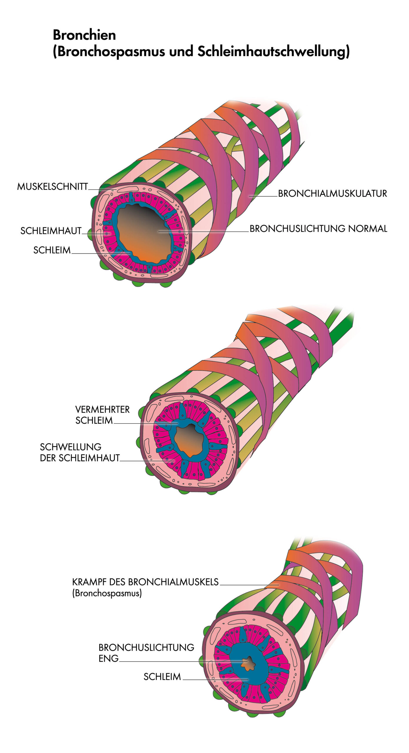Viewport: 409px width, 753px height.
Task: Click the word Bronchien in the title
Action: pyautogui.click(x=84, y=35)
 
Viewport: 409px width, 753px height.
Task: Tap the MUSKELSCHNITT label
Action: pyautogui.click(x=52, y=186)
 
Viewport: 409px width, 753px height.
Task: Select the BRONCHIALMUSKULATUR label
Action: pyautogui.click(x=332, y=194)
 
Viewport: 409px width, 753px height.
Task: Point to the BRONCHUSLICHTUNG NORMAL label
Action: pyautogui.click(x=318, y=229)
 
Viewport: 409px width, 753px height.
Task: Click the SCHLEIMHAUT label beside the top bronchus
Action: pyautogui.click(x=51, y=231)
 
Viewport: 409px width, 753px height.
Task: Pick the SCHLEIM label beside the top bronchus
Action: pyautogui.click(x=52, y=250)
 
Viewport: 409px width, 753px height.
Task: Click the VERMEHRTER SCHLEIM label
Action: pyautogui.click(x=102, y=415)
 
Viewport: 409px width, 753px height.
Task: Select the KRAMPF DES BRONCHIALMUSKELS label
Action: pyautogui.click(x=145, y=582)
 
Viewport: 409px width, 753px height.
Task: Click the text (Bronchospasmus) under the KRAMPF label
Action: pyautogui.click(x=107, y=593)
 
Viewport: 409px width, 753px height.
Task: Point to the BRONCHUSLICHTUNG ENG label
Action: pyautogui.click(x=146, y=652)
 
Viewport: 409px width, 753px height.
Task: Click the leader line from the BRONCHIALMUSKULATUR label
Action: pyautogui.click(x=263, y=196)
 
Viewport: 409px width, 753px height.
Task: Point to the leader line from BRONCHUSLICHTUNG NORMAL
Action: pyautogui.click(x=206, y=231)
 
